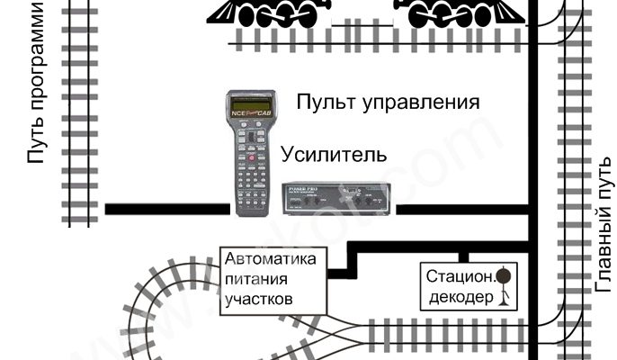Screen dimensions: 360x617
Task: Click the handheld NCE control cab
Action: [251, 153]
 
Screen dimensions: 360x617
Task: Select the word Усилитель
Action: [334, 154]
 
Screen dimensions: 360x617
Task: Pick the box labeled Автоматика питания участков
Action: [273, 278]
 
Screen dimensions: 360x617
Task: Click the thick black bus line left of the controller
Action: [166, 209]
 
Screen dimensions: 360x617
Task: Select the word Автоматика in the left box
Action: [272, 259]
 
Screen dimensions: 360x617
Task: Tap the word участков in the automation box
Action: [261, 297]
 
